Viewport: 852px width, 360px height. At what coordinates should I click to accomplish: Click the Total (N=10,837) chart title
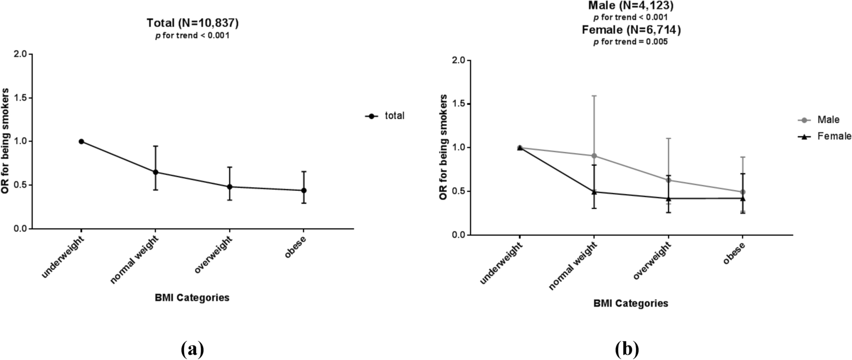192,23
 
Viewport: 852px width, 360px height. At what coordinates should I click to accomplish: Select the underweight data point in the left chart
81,141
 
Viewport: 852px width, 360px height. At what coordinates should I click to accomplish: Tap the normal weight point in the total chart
156,172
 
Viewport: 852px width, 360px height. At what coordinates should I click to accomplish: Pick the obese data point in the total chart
304,190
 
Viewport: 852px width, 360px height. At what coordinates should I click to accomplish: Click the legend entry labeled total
394,115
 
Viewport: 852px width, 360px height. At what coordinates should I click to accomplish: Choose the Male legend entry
828,120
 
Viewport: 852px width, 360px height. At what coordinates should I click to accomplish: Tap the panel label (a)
192,349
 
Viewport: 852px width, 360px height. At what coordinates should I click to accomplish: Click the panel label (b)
627,349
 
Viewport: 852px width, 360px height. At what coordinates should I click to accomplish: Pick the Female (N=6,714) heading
631,30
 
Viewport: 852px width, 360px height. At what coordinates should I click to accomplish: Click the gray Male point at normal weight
594,156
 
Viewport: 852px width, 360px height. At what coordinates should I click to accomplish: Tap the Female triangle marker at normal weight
594,192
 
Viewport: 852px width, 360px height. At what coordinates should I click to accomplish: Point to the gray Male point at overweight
668,180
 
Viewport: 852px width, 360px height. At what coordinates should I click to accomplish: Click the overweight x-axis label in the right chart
653,261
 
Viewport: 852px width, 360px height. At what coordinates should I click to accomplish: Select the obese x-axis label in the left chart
296,248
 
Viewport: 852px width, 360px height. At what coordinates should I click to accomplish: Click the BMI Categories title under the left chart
192,298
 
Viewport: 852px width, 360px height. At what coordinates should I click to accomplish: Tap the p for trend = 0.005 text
630,42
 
